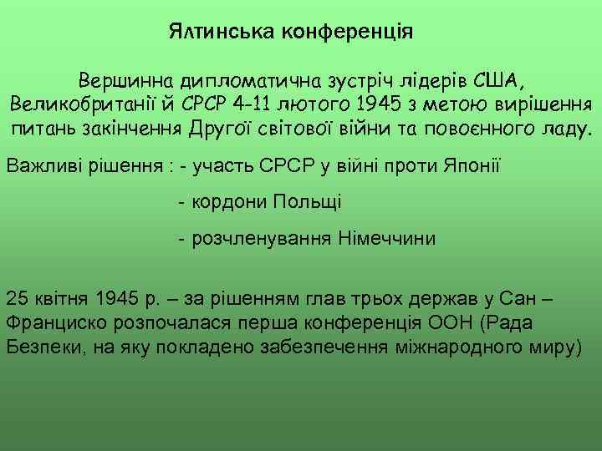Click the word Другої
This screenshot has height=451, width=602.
pos(252,130)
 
